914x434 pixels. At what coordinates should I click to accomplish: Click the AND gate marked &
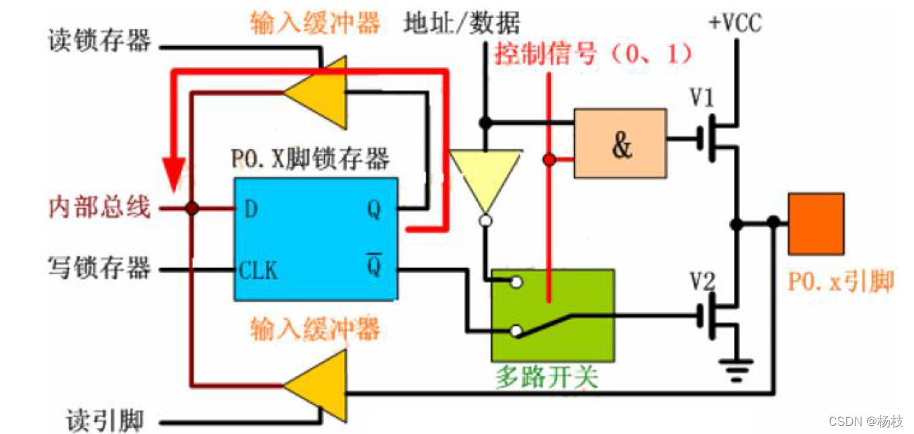click(620, 144)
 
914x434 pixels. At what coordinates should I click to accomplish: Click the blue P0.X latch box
click(315, 238)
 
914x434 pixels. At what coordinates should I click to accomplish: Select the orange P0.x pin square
click(816, 223)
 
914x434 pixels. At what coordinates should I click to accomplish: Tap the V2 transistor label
click(703, 279)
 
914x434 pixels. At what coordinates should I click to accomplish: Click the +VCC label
click(735, 24)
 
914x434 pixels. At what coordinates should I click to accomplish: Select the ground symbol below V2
click(737, 370)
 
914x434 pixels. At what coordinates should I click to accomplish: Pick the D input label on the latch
click(251, 210)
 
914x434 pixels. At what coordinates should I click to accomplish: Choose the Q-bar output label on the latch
click(374, 267)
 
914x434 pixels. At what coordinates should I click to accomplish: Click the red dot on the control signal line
click(549, 160)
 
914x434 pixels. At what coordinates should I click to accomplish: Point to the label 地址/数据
click(462, 24)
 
